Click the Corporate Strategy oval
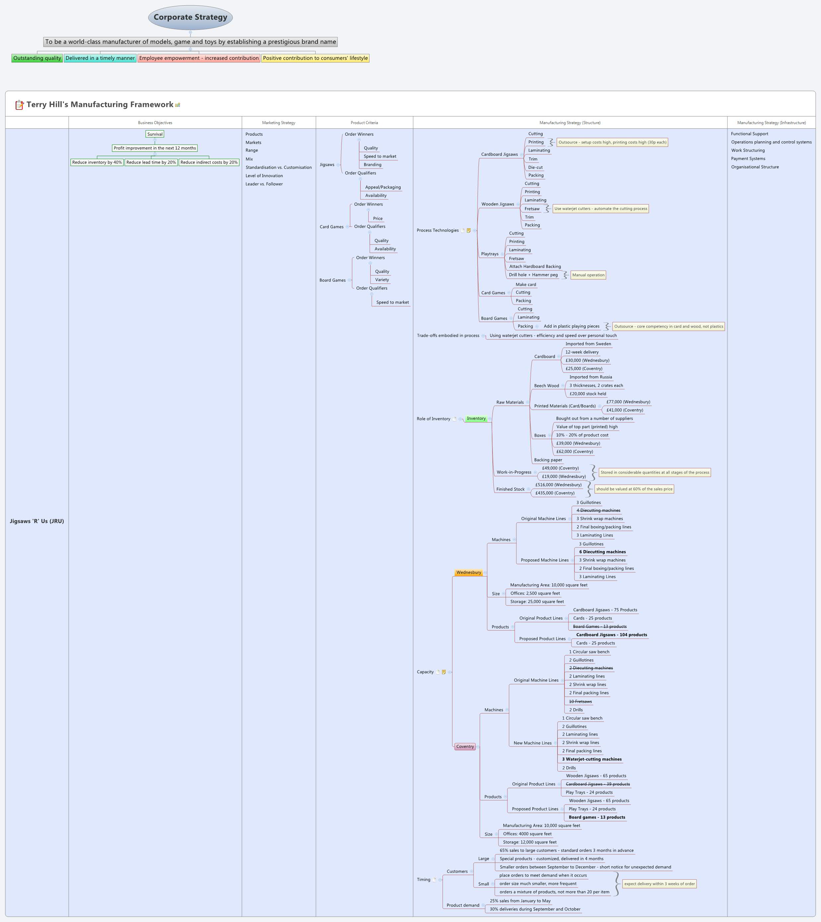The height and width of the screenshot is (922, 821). [190, 18]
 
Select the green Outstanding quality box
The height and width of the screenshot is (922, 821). [37, 58]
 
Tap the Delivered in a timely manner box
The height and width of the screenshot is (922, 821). [100, 58]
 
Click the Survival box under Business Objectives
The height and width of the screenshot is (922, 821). [155, 134]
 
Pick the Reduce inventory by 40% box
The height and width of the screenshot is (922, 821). [97, 162]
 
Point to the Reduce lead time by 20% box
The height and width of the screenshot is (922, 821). [151, 162]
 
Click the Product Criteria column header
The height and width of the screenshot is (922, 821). [364, 123]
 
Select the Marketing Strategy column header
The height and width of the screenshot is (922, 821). [278, 123]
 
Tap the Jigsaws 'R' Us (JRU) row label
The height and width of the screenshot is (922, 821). [37, 521]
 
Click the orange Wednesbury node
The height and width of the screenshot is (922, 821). [469, 572]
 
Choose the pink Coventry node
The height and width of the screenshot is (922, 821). [465, 746]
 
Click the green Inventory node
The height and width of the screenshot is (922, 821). [476, 419]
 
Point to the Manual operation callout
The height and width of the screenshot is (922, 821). [588, 275]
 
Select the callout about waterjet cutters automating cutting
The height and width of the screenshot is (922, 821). [600, 209]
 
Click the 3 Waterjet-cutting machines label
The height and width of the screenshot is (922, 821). [592, 759]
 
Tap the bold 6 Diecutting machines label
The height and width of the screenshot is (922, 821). [602, 552]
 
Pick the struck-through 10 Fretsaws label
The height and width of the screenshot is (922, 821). [580, 701]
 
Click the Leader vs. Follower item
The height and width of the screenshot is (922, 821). [264, 184]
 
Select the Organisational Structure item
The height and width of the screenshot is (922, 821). [755, 167]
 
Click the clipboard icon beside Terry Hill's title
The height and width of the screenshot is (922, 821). [19, 105]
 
